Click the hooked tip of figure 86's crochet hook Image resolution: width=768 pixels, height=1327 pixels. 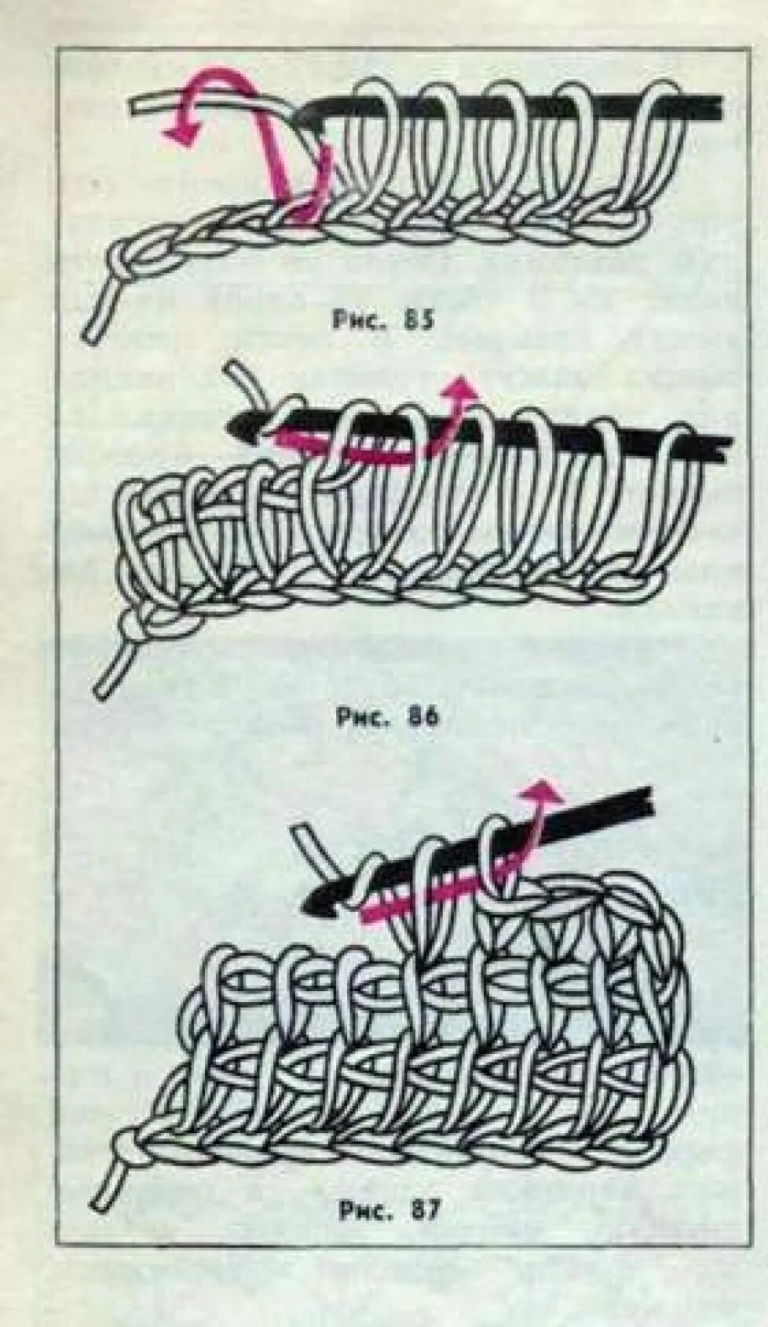(236, 425)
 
